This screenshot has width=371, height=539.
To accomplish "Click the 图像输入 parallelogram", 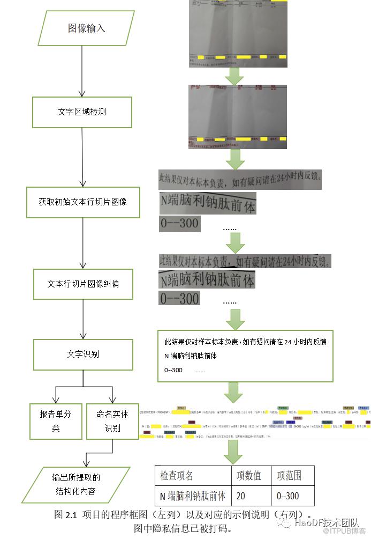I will click(x=86, y=28).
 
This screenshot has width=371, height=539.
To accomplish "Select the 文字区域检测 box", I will click(x=82, y=112).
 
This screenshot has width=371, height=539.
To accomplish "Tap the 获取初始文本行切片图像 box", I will click(x=82, y=202).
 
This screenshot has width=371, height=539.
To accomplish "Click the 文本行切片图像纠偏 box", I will click(x=83, y=284).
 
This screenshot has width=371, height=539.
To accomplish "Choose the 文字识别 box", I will click(x=82, y=355).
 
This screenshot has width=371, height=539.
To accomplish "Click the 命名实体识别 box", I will click(x=112, y=421).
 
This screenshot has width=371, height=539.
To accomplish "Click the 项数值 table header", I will click(x=249, y=475).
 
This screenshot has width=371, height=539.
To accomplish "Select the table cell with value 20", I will click(x=241, y=496).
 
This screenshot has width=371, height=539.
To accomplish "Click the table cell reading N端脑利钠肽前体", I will click(x=193, y=496).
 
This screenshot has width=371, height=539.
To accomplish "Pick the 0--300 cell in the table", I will click(x=288, y=496).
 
